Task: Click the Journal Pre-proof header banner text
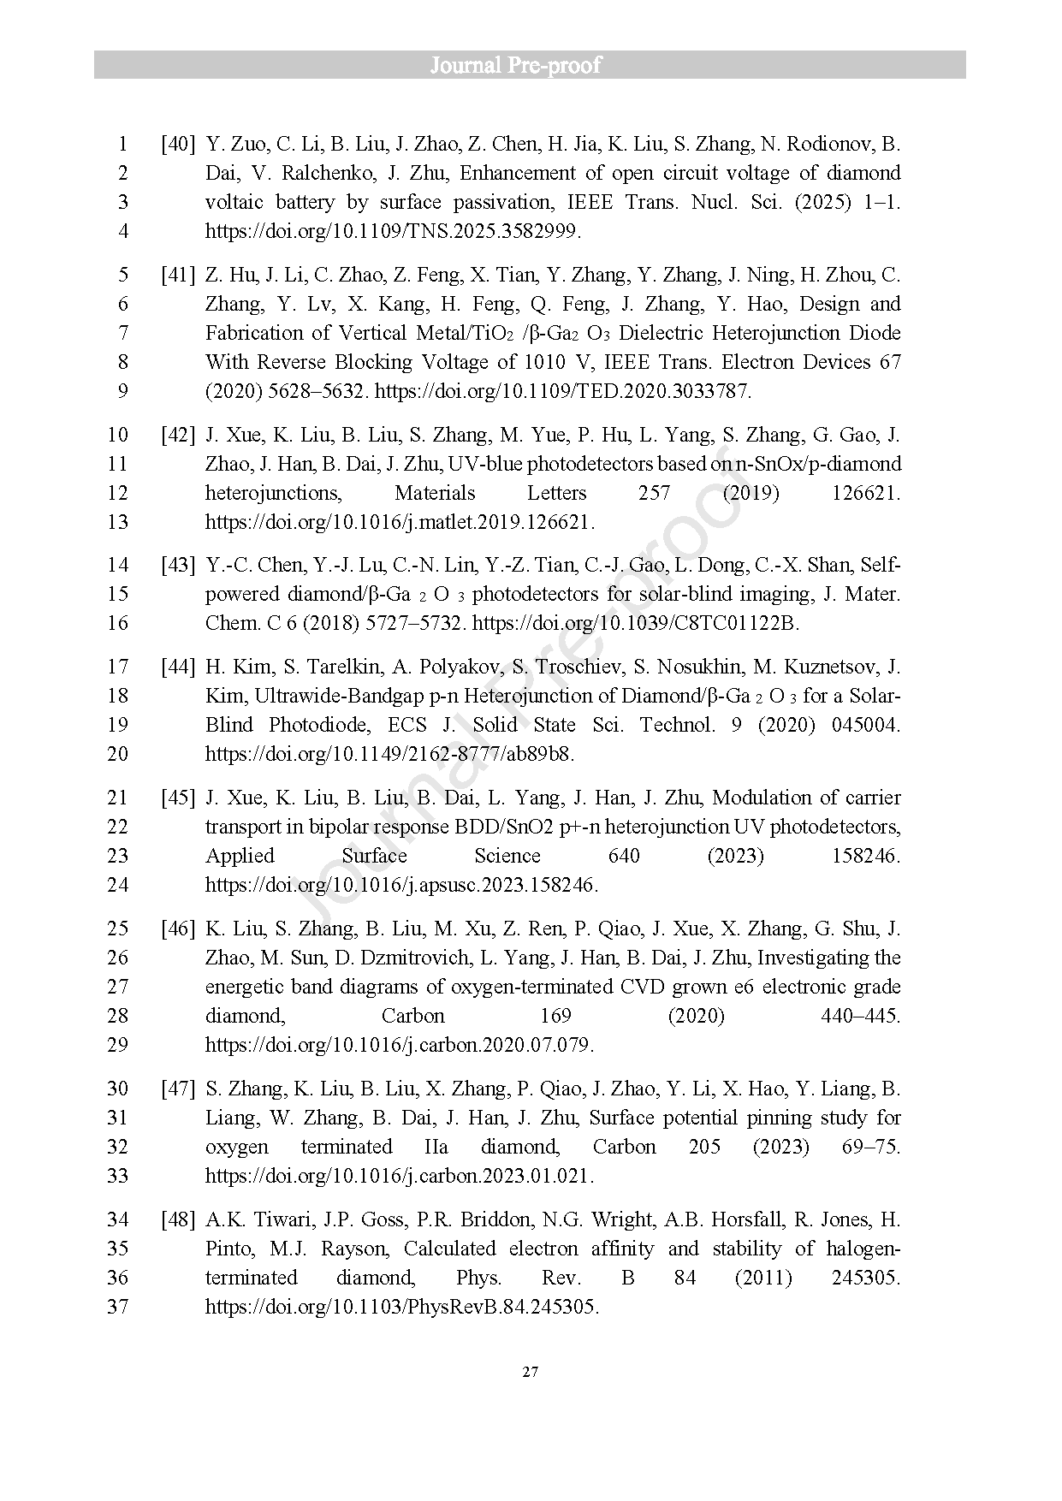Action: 515,65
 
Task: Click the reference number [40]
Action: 178,144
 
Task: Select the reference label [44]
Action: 178,667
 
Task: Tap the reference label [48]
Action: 178,1219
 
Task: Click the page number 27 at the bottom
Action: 531,1373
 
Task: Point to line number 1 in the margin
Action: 122,144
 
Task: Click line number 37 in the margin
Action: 117,1307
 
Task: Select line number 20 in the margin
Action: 117,754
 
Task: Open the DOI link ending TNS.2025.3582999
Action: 393,231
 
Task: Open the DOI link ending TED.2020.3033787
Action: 563,391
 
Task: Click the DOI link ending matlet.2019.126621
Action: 400,522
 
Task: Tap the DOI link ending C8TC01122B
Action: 635,623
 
